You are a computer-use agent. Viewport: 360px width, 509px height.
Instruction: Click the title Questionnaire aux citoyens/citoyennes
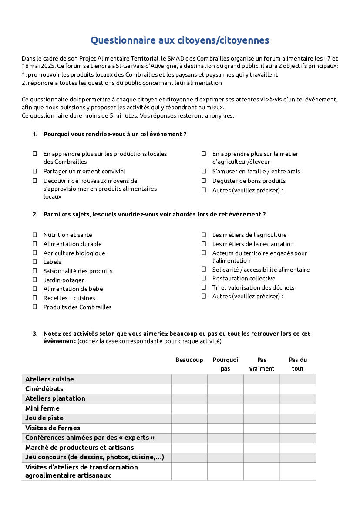(x=180, y=40)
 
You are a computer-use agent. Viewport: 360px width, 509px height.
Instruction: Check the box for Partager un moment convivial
(x=35, y=171)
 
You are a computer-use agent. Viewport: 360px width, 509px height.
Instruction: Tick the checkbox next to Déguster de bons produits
(x=204, y=181)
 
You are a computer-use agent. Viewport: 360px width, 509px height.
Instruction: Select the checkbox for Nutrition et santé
(x=35, y=235)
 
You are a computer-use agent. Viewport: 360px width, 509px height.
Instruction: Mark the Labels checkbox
(x=35, y=262)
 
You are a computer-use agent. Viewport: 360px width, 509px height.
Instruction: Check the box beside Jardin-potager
(x=35, y=280)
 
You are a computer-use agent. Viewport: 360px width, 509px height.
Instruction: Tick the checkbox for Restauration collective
(x=204, y=278)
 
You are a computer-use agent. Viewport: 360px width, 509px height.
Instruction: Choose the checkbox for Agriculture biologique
(x=35, y=253)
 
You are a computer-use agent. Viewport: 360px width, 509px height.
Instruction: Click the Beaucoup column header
(x=189, y=360)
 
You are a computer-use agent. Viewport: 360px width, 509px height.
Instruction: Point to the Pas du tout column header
(x=298, y=364)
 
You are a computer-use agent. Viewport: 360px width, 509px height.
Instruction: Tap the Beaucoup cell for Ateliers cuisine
(x=189, y=379)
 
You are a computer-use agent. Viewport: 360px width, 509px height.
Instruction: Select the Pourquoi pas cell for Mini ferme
(x=225, y=408)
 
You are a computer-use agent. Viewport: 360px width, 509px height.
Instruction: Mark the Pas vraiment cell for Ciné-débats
(x=261, y=389)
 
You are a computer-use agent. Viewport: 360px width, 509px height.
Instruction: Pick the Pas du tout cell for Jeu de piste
(x=298, y=418)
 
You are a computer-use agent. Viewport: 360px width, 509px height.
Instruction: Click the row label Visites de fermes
(x=53, y=428)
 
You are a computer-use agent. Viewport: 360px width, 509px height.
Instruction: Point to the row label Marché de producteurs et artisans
(x=79, y=448)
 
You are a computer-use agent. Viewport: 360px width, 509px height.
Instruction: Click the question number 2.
(x=35, y=214)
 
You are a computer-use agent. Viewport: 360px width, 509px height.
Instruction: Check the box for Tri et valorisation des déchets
(x=204, y=287)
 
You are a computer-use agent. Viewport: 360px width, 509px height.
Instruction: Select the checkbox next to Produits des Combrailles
(x=35, y=307)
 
